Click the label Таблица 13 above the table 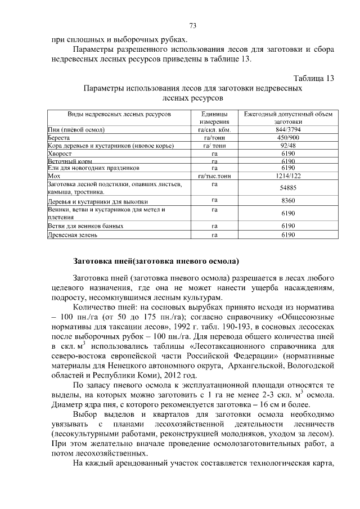tap(314, 78)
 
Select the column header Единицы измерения tap(214, 118)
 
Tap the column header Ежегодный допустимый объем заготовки tap(288, 118)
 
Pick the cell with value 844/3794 tap(288, 129)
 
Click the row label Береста tap(59, 137)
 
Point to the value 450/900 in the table tap(288, 137)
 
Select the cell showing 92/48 tap(288, 145)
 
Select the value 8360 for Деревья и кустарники tap(288, 201)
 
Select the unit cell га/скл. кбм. tap(214, 129)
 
